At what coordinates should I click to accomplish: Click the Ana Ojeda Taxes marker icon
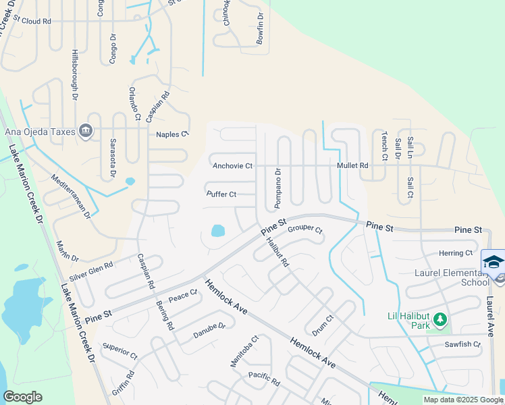[x=86, y=130]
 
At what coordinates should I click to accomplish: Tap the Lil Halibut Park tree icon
[x=440, y=318]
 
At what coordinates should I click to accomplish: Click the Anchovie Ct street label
[x=232, y=165]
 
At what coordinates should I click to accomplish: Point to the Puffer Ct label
[x=221, y=194]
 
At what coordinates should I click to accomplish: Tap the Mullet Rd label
[x=353, y=165]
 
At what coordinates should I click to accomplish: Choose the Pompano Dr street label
[x=277, y=182]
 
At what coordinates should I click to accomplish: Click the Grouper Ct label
[x=305, y=230]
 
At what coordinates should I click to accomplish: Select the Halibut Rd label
[x=277, y=252]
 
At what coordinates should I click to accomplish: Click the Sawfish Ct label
[x=462, y=344]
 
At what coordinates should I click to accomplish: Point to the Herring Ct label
[x=456, y=253]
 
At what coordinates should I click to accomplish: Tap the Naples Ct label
[x=172, y=135]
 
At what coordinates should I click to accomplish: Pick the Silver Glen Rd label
[x=91, y=272]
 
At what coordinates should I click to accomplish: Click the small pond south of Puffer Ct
[x=218, y=231]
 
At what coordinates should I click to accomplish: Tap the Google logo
[x=22, y=397]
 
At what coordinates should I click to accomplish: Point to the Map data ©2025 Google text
[x=462, y=400]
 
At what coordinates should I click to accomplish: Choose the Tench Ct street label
[x=385, y=145]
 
